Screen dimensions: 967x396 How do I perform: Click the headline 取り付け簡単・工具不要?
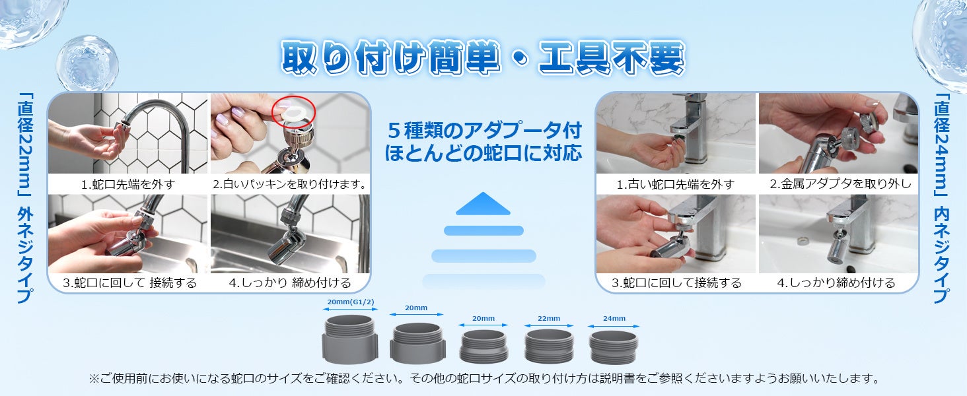click(x=483, y=58)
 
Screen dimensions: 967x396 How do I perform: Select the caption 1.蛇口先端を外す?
click(x=127, y=184)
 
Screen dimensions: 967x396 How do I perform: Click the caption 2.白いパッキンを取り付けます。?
click(x=290, y=184)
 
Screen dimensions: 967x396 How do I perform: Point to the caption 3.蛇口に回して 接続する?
click(x=129, y=282)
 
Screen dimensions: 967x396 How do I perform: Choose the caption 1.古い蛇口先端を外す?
click(x=675, y=184)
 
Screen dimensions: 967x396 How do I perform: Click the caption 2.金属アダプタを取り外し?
click(x=840, y=183)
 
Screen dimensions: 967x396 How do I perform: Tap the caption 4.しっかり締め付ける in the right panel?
click(x=836, y=282)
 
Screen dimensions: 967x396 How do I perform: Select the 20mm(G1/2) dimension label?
click(x=350, y=302)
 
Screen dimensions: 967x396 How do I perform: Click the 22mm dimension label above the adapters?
click(x=549, y=318)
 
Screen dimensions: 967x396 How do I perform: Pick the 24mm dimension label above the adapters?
click(x=614, y=318)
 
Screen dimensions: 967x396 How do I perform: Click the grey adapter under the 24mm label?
click(x=614, y=347)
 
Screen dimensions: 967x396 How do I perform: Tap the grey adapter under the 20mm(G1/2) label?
click(x=350, y=339)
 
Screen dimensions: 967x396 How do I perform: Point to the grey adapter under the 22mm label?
click(x=549, y=346)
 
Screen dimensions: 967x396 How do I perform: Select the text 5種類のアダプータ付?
click(x=484, y=130)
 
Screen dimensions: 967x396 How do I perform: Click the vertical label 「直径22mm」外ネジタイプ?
click(x=25, y=199)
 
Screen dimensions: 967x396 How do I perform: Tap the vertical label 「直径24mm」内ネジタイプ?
click(x=942, y=199)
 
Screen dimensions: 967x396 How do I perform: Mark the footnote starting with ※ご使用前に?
click(x=484, y=378)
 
